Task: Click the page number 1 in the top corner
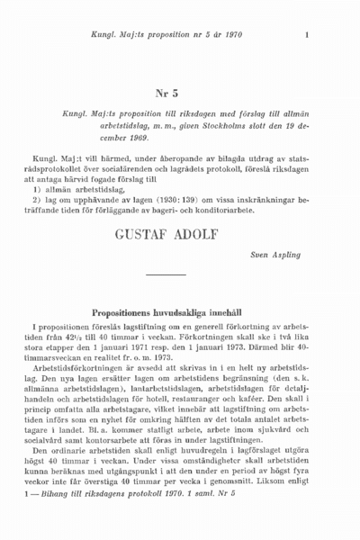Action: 307,36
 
